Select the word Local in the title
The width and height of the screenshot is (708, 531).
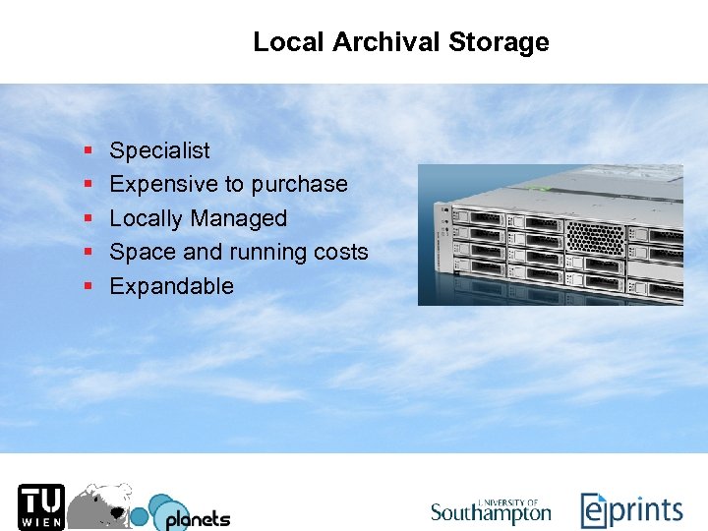(289, 42)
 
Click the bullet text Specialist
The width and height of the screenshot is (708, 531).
(159, 150)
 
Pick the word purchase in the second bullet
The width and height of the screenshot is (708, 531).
(299, 184)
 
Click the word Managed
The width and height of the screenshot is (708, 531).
(239, 218)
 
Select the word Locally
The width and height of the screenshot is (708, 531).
(147, 218)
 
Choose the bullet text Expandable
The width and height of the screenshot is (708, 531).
(171, 286)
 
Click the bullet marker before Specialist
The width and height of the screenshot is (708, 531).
(88, 151)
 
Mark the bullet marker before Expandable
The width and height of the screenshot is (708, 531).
(88, 287)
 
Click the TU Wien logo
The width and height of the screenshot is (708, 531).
(40, 506)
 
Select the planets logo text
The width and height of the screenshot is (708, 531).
(197, 518)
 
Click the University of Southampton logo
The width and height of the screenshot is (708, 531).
(491, 510)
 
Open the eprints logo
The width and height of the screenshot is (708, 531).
(630, 510)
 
